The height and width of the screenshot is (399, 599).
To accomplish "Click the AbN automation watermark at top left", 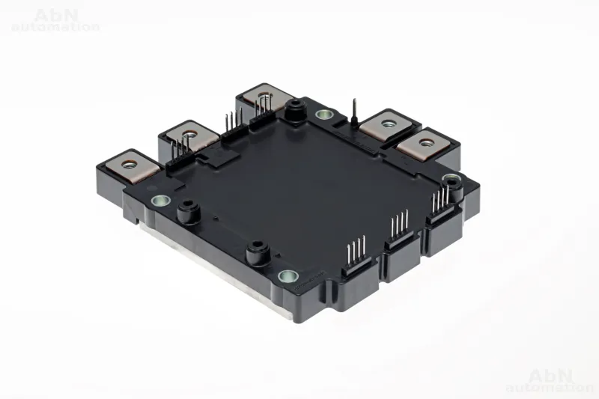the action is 55,21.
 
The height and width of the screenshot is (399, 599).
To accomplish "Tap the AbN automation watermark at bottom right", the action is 550,381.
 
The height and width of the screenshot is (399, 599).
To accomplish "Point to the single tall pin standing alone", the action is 354,111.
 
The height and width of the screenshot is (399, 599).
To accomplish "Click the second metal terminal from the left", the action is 189,135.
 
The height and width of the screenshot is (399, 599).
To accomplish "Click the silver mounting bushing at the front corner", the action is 288,275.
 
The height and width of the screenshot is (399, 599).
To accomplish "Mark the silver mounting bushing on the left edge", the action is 161,200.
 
